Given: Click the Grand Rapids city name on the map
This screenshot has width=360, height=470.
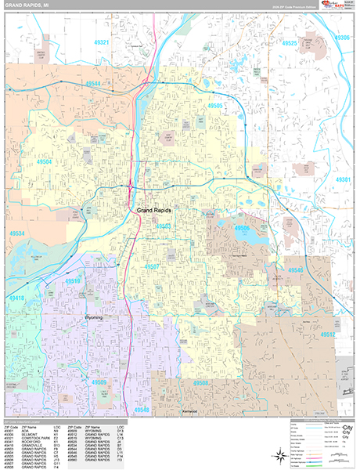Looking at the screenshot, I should pyautogui.click(x=154, y=211).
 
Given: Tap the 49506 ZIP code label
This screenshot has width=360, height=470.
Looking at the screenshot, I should pyautogui.click(x=241, y=228).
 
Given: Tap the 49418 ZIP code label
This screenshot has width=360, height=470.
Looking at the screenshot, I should pyautogui.click(x=16, y=298).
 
